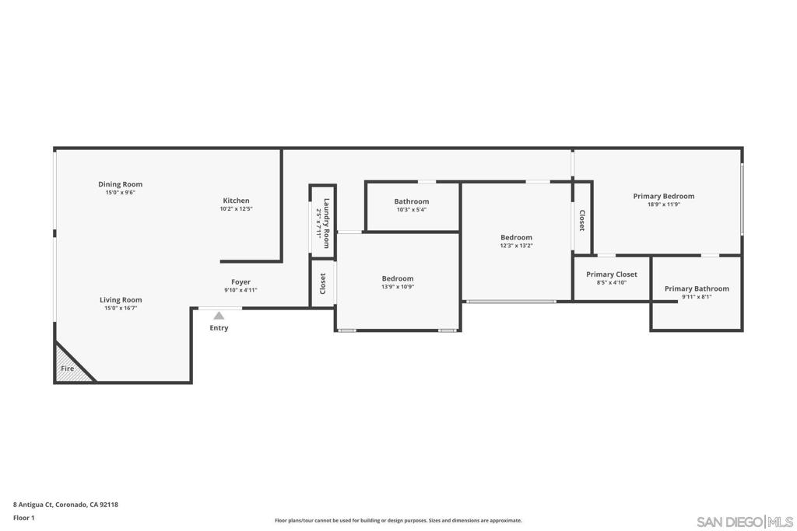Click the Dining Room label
point(121,184)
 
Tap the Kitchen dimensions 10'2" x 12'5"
point(237,208)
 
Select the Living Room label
point(121,300)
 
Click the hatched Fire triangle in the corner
point(69,366)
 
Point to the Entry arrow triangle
point(219,315)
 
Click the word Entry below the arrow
point(219,328)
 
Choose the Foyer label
point(241,281)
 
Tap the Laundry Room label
point(326,223)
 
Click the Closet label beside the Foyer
point(323,284)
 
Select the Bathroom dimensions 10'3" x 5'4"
point(412,210)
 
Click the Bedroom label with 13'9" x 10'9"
point(398,278)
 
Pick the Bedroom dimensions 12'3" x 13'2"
point(517,246)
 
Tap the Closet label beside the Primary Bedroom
point(582,221)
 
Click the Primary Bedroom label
point(664,196)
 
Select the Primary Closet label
point(612,274)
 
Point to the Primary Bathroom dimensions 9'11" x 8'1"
point(697,297)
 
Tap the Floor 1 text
point(24,518)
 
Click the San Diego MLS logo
point(745,522)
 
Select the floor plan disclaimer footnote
point(398,520)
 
